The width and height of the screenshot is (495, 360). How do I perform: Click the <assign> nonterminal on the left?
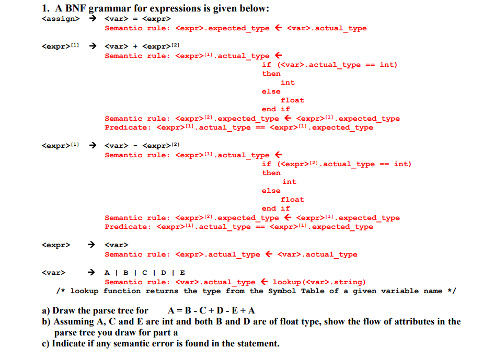(61, 19)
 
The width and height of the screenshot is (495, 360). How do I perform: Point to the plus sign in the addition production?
(135, 47)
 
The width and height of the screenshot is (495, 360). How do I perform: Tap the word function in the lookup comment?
(122, 291)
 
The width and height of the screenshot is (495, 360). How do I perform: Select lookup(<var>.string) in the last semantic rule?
(319, 282)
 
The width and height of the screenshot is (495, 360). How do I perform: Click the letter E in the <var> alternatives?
(182, 273)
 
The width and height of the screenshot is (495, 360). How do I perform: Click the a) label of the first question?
(47, 310)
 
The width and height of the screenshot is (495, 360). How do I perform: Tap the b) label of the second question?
(47, 321)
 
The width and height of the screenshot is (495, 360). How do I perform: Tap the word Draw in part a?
(64, 310)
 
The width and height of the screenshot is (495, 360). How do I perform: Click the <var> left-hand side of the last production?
(53, 273)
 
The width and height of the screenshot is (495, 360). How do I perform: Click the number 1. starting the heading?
(45, 8)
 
